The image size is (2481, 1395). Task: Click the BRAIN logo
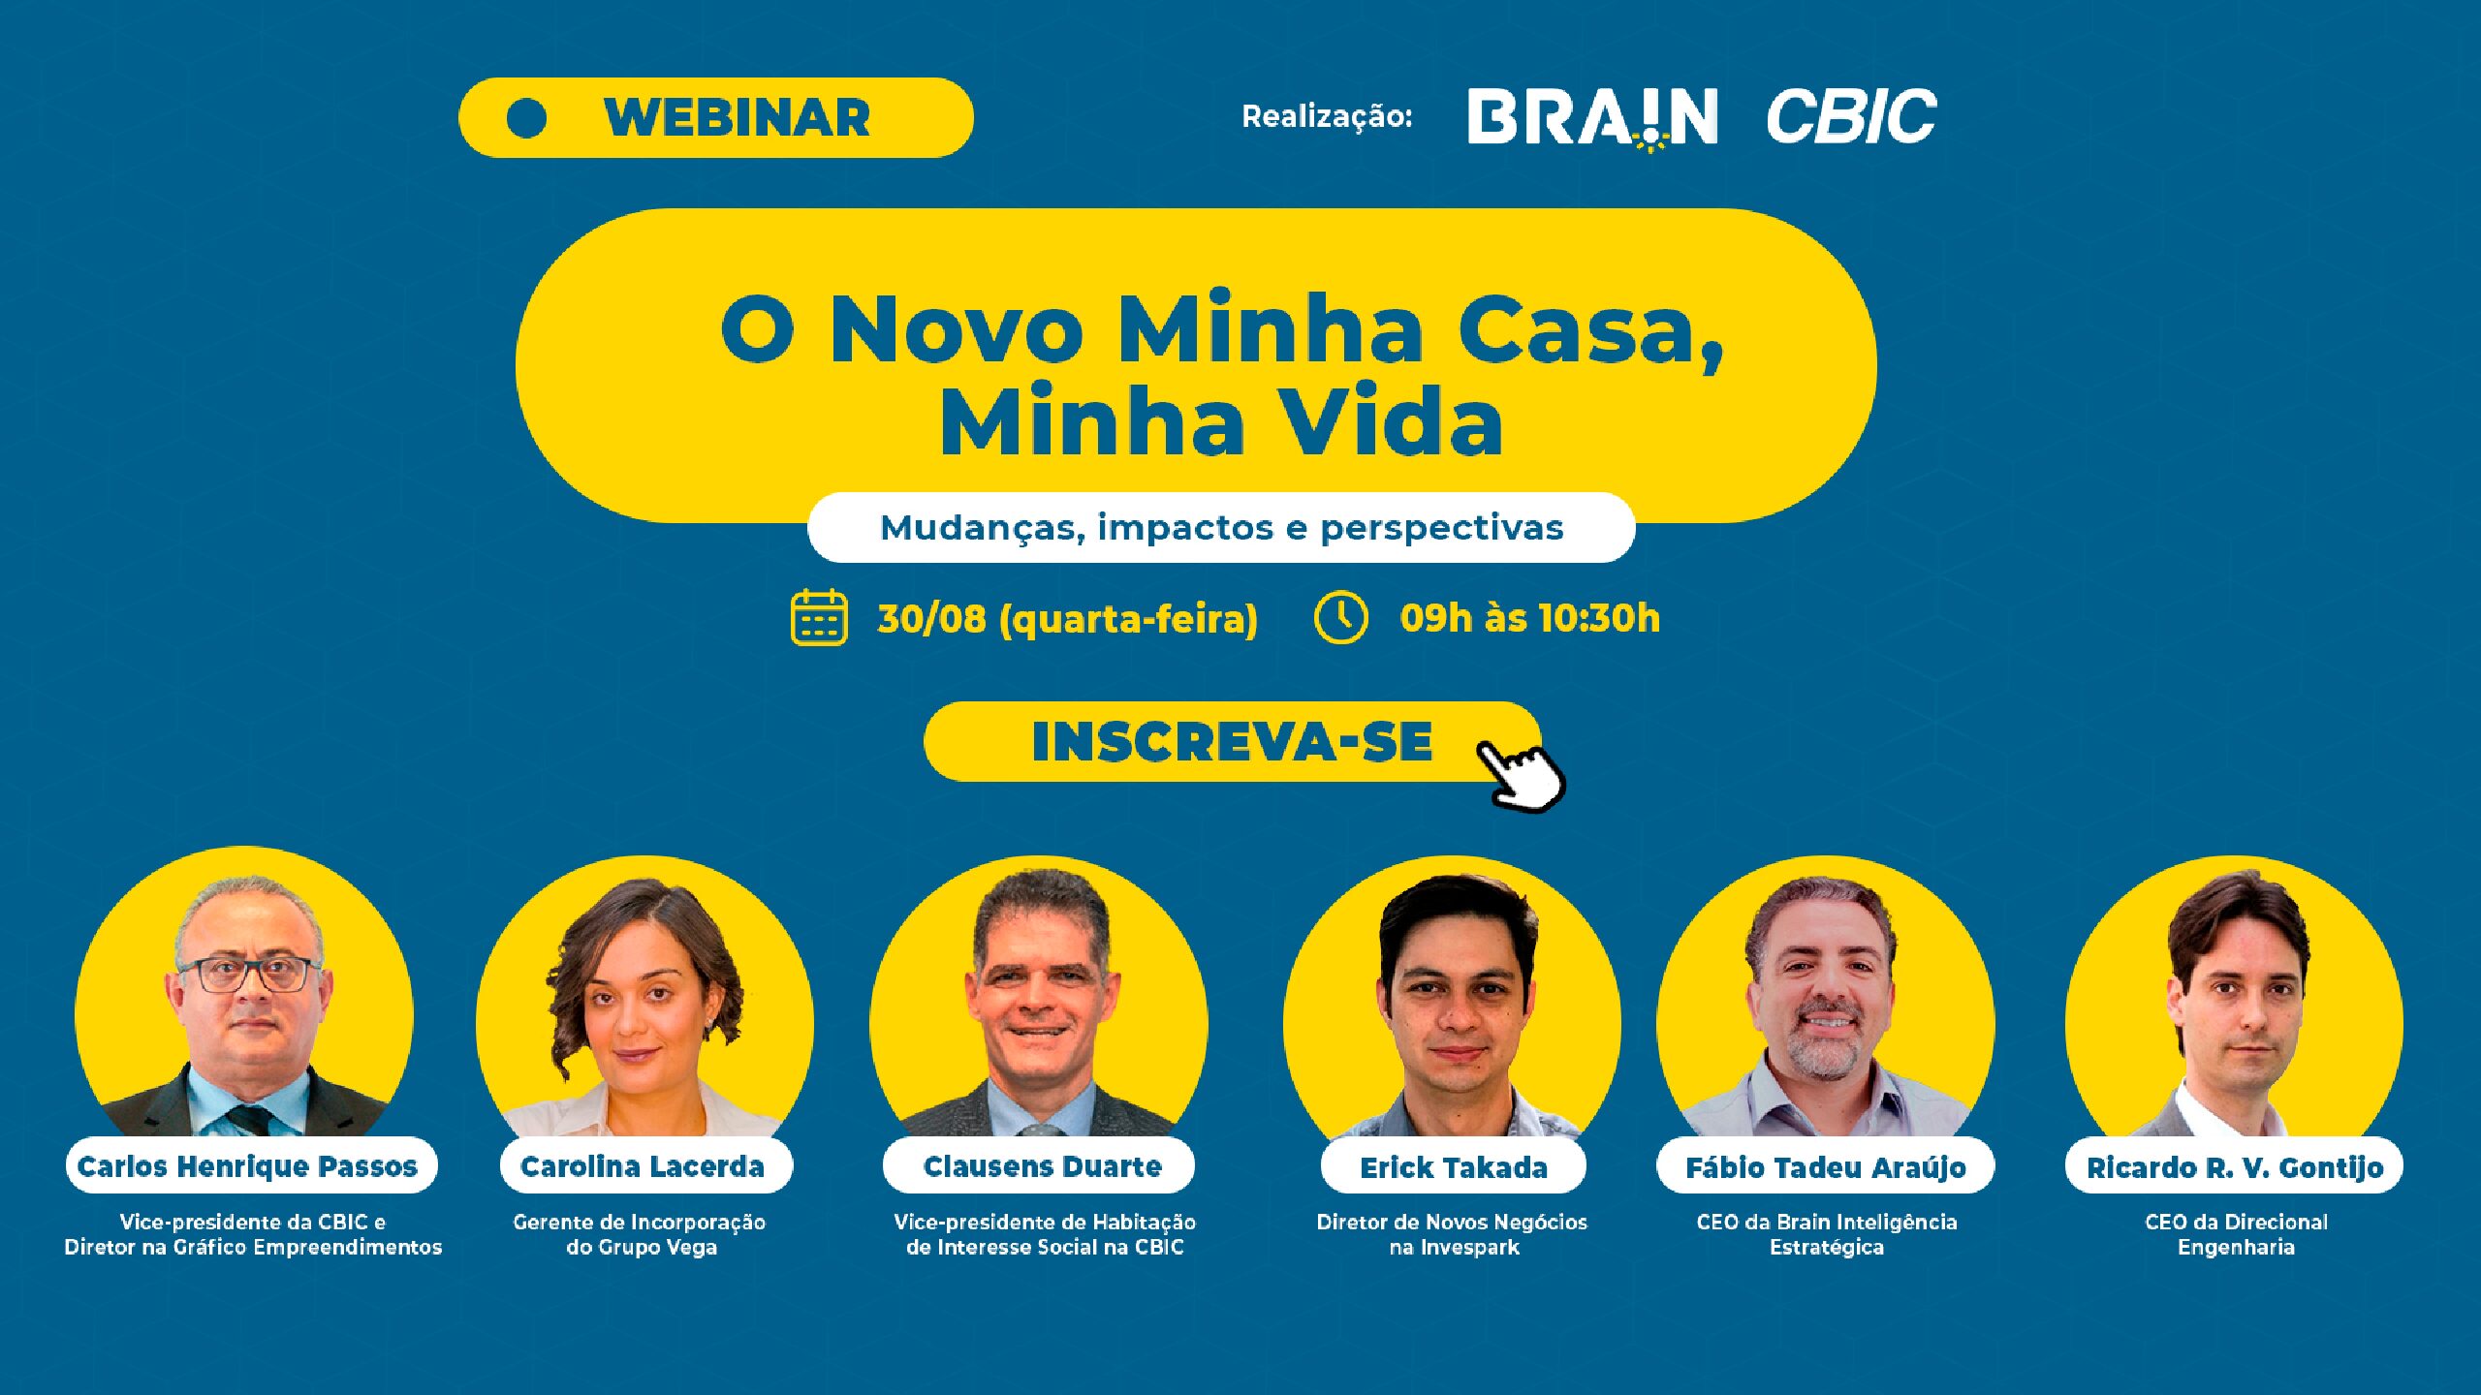pos(1592,118)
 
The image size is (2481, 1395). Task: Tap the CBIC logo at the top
pos(1851,116)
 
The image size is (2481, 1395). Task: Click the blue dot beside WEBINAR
pos(526,118)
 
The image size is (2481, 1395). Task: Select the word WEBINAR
pos(737,118)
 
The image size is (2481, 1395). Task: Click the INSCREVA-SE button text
pos(1232,742)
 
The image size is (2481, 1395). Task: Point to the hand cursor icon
pos(1520,775)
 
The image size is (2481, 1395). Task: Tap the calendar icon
pos(819,617)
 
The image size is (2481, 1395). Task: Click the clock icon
pos(1341,617)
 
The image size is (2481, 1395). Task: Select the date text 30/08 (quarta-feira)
pos(1067,619)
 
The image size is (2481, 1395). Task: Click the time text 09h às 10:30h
pos(1529,618)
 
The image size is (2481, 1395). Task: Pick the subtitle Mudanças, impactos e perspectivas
pos(1221,528)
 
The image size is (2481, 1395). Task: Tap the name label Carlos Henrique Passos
pos(247,1166)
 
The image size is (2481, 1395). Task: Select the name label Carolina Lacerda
pos(643,1166)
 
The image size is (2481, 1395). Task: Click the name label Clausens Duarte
pos(1042,1166)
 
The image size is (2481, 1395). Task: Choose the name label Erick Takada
pos(1454,1167)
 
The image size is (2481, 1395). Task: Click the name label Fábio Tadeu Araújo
pos(1826,1167)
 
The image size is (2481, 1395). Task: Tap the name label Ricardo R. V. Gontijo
pos(2235,1167)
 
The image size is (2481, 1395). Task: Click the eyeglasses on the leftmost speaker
pos(249,973)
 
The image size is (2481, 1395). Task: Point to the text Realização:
pos(1327,117)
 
